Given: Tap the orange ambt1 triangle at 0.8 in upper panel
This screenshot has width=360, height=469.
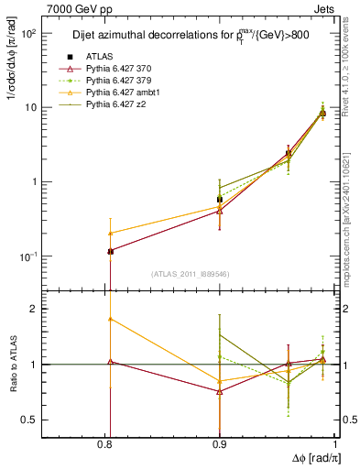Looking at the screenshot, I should coord(110,233).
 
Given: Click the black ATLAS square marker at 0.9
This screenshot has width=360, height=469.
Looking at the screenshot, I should coord(219,199).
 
